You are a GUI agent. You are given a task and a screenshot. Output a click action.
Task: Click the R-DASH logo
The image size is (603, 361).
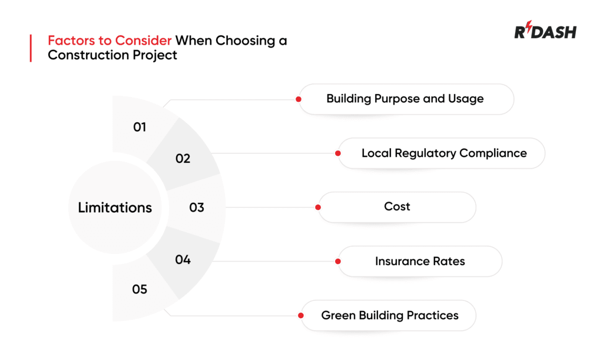pyautogui.click(x=545, y=32)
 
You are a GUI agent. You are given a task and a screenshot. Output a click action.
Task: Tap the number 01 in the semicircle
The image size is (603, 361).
pyautogui.click(x=140, y=126)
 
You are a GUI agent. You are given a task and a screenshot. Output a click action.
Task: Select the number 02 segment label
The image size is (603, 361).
pyautogui.click(x=183, y=158)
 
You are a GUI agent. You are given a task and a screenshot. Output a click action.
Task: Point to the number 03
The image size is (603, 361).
pyautogui.click(x=197, y=208)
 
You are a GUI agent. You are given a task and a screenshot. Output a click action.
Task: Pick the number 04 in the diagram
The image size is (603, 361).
pyautogui.click(x=183, y=259)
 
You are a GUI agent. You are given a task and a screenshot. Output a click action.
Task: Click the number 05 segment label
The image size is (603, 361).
pyautogui.click(x=140, y=289)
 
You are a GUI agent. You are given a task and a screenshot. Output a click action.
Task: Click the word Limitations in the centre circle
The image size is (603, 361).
pyautogui.click(x=115, y=208)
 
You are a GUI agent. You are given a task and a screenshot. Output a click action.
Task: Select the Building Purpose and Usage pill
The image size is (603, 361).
pyautogui.click(x=405, y=99)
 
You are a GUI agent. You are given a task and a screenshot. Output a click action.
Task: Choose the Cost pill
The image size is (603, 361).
pyautogui.click(x=397, y=207)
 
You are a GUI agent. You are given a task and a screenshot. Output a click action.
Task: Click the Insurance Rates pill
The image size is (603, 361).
pyautogui.click(x=420, y=261)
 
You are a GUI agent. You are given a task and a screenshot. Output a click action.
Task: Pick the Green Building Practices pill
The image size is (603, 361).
pyautogui.click(x=390, y=316)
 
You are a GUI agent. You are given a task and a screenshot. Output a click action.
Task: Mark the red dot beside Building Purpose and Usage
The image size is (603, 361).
pyautogui.click(x=299, y=99)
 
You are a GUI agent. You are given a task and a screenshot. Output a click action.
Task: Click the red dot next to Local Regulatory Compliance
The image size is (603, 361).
pyautogui.click(x=338, y=153)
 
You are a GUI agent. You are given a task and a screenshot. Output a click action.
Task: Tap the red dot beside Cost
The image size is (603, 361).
pyautogui.click(x=318, y=208)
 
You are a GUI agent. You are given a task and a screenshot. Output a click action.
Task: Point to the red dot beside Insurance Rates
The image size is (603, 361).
pyautogui.click(x=338, y=262)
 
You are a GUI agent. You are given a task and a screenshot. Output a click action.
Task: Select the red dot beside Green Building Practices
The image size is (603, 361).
pyautogui.click(x=301, y=316)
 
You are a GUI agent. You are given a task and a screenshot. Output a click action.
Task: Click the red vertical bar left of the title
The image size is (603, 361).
pyautogui.click(x=30, y=48)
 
